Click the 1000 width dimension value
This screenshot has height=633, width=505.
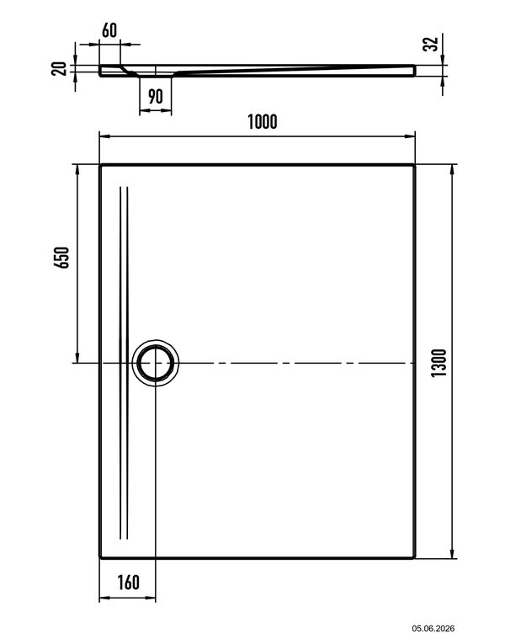[x=263, y=122]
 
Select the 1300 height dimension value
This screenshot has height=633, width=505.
[x=439, y=363]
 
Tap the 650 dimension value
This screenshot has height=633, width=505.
[x=61, y=258]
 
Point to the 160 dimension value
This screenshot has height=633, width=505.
[x=129, y=582]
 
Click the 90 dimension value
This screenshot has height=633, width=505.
[x=156, y=97]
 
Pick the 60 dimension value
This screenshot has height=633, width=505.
[x=109, y=30]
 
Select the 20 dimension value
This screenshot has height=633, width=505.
[x=59, y=69]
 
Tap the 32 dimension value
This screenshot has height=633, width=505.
[x=431, y=44]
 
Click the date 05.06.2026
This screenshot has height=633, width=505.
[x=433, y=628]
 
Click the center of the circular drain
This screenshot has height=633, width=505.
[x=156, y=363]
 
